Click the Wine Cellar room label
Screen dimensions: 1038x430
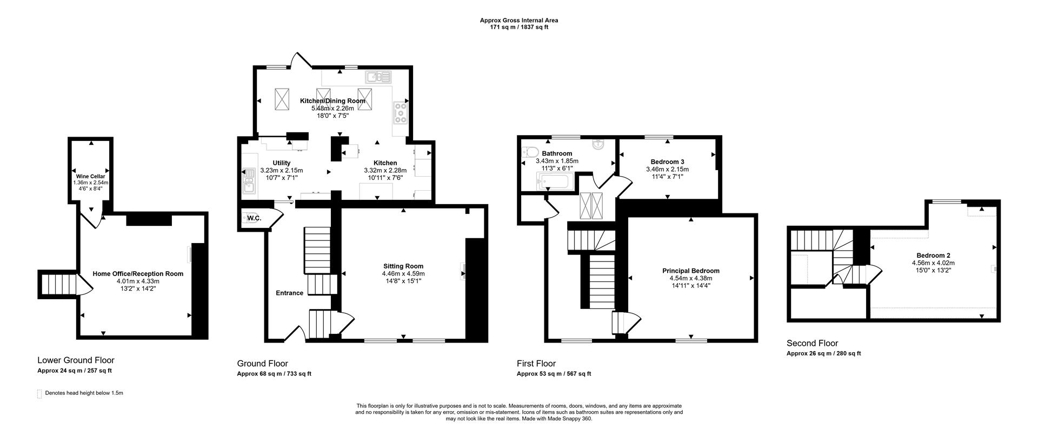(x=90, y=176)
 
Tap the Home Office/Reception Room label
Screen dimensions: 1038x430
(x=138, y=274)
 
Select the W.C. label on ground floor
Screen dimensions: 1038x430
(x=254, y=218)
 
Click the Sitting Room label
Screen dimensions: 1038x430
(x=403, y=266)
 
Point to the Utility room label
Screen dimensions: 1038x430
(x=282, y=163)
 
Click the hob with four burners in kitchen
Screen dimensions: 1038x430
(x=401, y=114)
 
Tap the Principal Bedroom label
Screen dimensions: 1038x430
(x=691, y=271)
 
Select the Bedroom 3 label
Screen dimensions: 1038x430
(x=668, y=162)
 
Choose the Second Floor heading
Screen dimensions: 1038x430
(x=812, y=343)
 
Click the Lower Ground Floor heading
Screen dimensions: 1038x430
(x=76, y=360)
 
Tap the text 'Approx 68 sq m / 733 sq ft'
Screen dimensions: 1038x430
(x=274, y=374)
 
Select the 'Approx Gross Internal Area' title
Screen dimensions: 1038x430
(x=519, y=21)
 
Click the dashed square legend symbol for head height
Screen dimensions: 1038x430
(x=39, y=394)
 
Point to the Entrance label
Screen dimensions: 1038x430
(x=290, y=293)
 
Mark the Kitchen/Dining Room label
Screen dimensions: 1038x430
(x=332, y=101)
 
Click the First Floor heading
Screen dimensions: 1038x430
(x=536, y=364)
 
